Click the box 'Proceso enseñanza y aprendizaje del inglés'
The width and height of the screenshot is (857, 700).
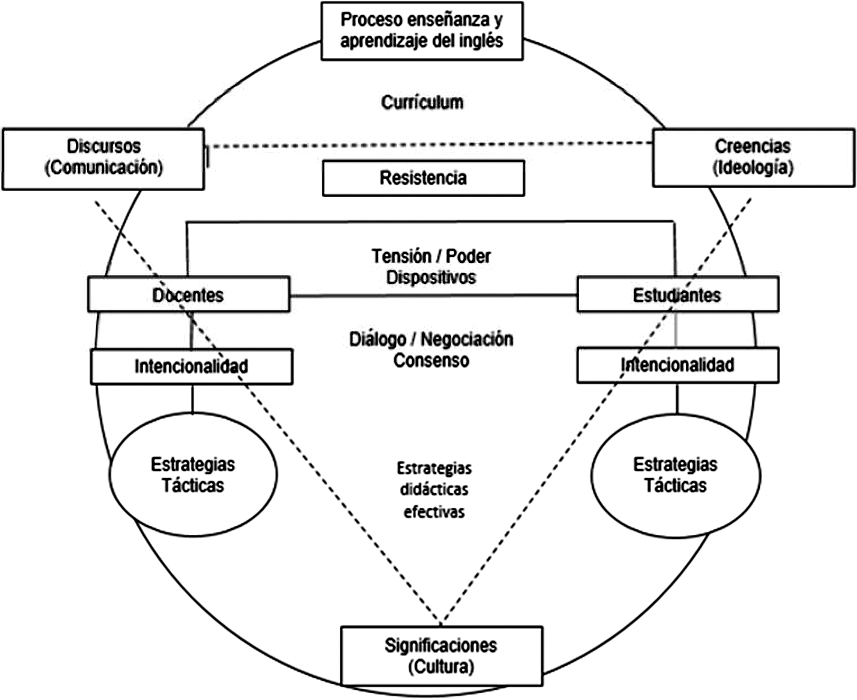(x=422, y=31)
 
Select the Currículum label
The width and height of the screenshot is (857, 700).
(x=422, y=102)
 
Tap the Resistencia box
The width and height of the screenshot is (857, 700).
(x=423, y=178)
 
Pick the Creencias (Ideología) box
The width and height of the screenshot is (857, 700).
(x=753, y=157)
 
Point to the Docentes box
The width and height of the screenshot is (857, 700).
(x=189, y=294)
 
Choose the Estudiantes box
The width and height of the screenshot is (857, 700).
(x=677, y=294)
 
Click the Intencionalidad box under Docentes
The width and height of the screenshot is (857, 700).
(x=192, y=366)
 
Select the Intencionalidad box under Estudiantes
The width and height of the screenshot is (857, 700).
(x=677, y=365)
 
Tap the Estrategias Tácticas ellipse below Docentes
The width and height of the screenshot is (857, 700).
(x=193, y=475)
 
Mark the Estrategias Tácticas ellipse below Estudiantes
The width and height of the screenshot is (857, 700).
(x=676, y=475)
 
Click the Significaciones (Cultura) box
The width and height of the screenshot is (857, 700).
(x=441, y=656)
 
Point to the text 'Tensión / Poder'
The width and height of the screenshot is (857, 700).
(x=431, y=256)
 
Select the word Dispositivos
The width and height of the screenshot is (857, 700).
(x=431, y=278)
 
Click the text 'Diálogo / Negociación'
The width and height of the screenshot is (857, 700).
(x=431, y=339)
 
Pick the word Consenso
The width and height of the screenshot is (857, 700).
(x=431, y=361)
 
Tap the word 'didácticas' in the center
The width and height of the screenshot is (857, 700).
(x=434, y=490)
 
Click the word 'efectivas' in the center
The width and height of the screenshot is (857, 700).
(x=434, y=512)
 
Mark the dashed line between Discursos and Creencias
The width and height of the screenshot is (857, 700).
(x=427, y=145)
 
